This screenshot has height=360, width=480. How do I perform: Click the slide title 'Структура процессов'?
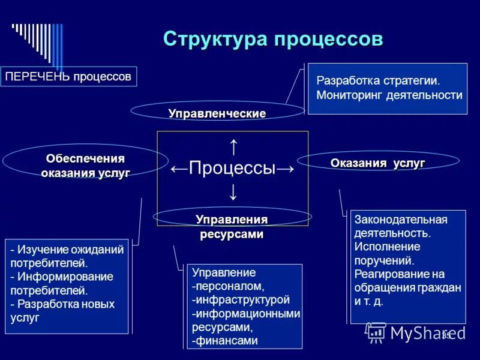[x=273, y=39]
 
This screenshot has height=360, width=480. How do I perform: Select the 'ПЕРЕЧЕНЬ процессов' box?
[x=68, y=77]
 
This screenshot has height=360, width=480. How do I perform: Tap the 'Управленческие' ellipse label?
[x=217, y=113]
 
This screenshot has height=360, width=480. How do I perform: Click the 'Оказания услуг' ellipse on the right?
[x=378, y=163]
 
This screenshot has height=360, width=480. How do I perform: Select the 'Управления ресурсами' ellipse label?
[x=232, y=226]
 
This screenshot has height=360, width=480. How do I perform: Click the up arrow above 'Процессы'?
[x=233, y=146]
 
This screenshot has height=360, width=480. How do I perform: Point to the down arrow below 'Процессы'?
[x=233, y=193]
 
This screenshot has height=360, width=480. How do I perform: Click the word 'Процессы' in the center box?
[x=232, y=168]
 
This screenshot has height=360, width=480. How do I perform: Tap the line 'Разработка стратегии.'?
[x=378, y=80]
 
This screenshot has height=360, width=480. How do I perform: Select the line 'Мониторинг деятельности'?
[x=389, y=95]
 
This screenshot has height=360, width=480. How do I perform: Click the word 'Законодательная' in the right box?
[x=401, y=220]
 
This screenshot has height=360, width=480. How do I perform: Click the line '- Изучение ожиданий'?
[x=67, y=250]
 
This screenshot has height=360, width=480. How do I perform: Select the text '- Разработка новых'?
[x=62, y=304]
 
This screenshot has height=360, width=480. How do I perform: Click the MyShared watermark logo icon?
[x=376, y=332]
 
